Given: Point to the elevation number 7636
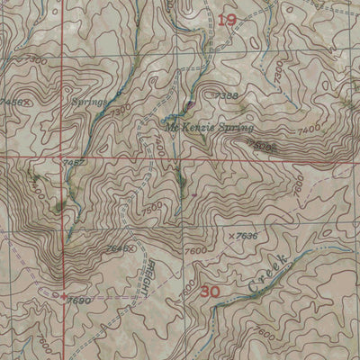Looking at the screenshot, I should point(247,237).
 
